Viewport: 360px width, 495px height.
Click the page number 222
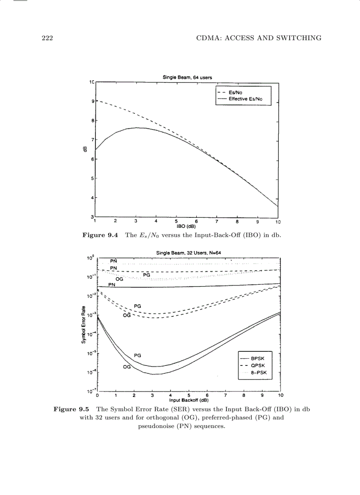(x=44, y=38)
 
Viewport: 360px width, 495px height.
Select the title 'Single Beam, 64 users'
(x=187, y=78)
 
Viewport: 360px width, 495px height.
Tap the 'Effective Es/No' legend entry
(x=245, y=99)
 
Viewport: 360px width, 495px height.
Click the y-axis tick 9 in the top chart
(x=92, y=101)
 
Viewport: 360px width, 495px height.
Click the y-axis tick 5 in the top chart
(x=92, y=179)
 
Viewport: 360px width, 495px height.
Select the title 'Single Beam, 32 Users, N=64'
(x=188, y=252)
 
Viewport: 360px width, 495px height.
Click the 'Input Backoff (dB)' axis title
(x=188, y=400)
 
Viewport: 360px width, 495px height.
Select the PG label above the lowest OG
(x=138, y=355)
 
